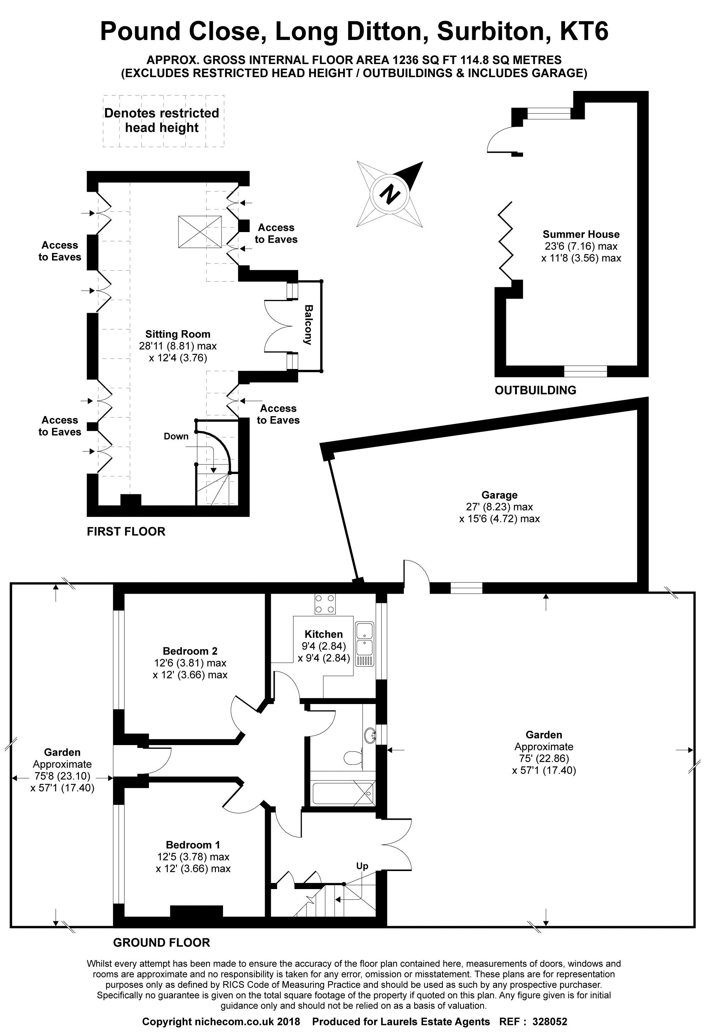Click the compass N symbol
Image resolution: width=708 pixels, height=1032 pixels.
pyautogui.click(x=390, y=195)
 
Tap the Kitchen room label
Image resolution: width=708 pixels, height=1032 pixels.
pyautogui.click(x=324, y=634)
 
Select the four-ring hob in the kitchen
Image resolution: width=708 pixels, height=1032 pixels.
pyautogui.click(x=325, y=604)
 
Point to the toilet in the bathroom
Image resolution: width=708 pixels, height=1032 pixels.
pyautogui.click(x=353, y=756)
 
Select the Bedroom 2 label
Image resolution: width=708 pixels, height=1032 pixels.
pyautogui.click(x=190, y=651)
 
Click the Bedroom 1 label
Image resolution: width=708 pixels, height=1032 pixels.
pyautogui.click(x=193, y=845)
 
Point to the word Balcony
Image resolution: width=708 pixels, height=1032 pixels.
pyautogui.click(x=308, y=325)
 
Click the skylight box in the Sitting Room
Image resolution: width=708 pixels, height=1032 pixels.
pyautogui.click(x=200, y=231)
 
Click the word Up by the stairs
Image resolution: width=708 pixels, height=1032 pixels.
pyautogui.click(x=362, y=866)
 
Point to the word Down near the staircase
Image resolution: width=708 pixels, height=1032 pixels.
pyautogui.click(x=176, y=436)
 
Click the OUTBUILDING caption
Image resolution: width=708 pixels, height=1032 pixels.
pyautogui.click(x=535, y=390)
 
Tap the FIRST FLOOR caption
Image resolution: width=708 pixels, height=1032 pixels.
pyautogui.click(x=126, y=531)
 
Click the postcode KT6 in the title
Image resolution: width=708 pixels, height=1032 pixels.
pyautogui.click(x=583, y=31)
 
